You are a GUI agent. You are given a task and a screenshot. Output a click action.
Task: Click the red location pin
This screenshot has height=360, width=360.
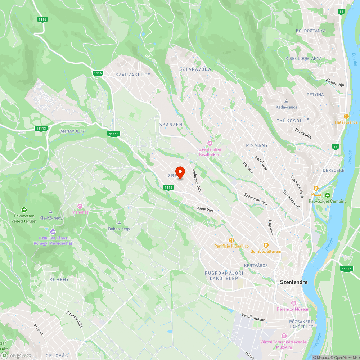(x=180, y=172)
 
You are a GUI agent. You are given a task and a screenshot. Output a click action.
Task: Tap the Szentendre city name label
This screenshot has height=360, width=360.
(x=294, y=282)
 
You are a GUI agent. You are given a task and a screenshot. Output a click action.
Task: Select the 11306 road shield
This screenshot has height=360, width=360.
(x=346, y=269)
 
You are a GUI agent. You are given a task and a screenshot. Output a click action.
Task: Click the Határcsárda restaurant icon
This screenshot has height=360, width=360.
(x=346, y=116)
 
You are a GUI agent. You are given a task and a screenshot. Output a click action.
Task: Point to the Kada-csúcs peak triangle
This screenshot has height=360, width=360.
(x=286, y=101)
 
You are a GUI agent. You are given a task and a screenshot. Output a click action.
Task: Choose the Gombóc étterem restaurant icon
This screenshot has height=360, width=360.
(x=266, y=245)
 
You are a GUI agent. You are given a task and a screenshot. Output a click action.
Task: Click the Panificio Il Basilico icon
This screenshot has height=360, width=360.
(x=231, y=240)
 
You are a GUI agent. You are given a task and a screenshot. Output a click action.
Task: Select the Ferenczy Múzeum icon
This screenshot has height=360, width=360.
(x=293, y=303)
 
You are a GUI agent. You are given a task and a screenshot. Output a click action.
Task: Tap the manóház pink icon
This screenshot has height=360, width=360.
(x=80, y=206)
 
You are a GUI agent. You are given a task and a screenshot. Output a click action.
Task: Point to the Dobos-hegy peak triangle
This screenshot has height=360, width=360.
(x=119, y=223)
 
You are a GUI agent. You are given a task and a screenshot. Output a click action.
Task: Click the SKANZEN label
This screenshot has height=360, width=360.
(x=171, y=125)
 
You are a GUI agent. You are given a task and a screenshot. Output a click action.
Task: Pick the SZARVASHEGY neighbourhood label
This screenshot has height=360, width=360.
(x=133, y=75)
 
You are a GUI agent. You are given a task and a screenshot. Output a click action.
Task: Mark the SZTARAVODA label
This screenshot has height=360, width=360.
(x=195, y=69)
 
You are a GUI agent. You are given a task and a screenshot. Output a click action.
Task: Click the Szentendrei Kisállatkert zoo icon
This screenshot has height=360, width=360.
(x=210, y=144)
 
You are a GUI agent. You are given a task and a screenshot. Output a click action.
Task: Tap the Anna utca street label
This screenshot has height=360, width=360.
(x=205, y=209)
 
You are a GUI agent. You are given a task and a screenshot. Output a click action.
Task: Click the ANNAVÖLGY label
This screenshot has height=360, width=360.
(x=73, y=131)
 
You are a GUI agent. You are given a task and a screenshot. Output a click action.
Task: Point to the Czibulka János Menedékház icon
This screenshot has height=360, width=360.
(x=53, y=231)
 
